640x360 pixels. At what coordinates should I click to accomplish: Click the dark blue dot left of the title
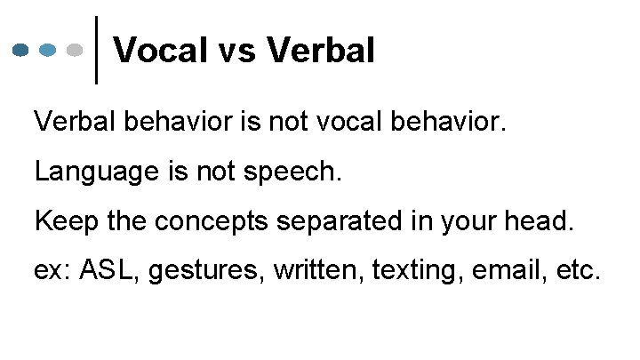point(22,50)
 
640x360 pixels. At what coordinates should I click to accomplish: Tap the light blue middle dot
point(49,50)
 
